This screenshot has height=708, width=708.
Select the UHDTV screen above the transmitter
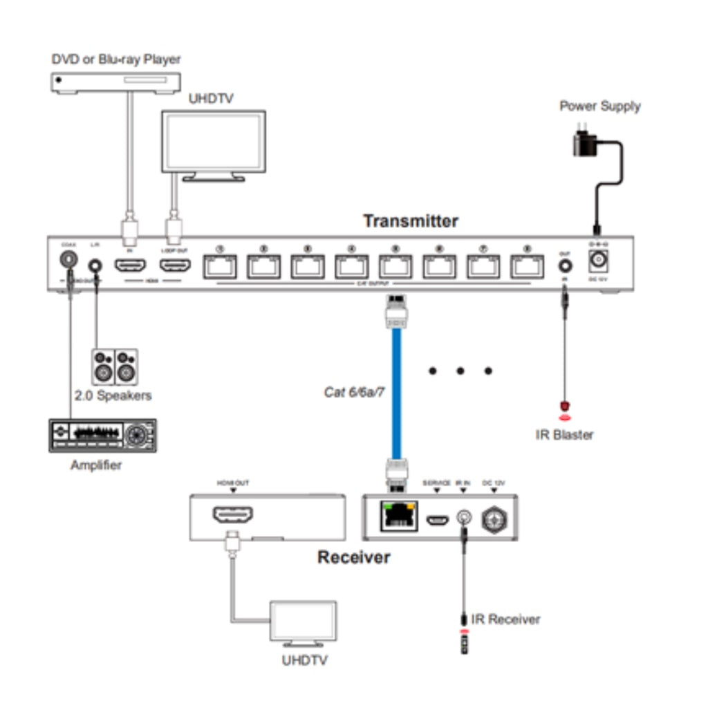click(213, 142)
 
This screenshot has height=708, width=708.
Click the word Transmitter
click(411, 221)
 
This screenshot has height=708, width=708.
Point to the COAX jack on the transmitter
click(68, 261)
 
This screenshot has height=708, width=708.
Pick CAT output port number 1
click(220, 266)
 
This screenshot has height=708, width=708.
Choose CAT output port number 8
click(528, 266)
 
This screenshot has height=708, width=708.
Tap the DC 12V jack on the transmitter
click(597, 262)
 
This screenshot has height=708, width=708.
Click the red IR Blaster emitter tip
click(565, 407)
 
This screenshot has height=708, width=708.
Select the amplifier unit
click(102, 435)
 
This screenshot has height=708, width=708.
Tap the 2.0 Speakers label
click(113, 396)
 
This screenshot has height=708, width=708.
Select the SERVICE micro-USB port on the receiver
click(437, 518)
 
